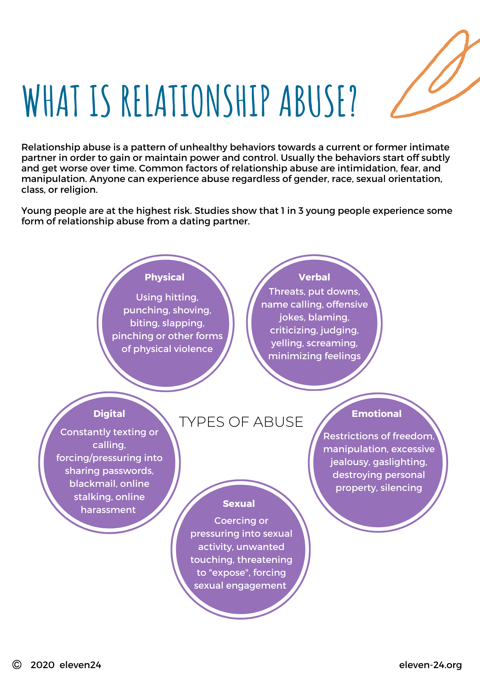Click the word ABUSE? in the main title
pyautogui.click(x=318, y=101)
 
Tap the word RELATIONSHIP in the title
pyautogui.click(x=196, y=101)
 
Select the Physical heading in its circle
pyautogui.click(x=165, y=277)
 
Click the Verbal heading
pyautogui.click(x=314, y=277)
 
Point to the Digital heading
pyautogui.click(x=109, y=414)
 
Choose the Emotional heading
pyautogui.click(x=376, y=414)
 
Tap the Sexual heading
pyautogui.click(x=239, y=504)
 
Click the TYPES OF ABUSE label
pyautogui.click(x=241, y=422)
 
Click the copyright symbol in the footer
pyautogui.click(x=17, y=665)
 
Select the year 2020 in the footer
pyautogui.click(x=42, y=665)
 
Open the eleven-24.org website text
pyautogui.click(x=430, y=665)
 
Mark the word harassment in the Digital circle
pyautogui.click(x=108, y=510)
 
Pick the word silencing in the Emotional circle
pyautogui.click(x=401, y=488)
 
